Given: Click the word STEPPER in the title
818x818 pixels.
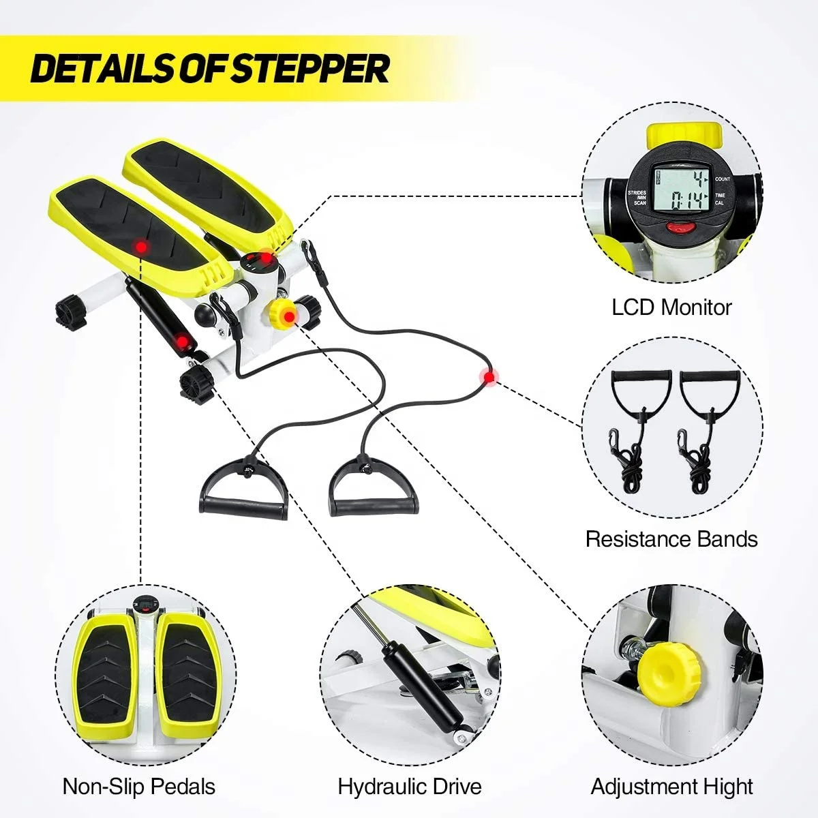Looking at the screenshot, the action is (310, 68).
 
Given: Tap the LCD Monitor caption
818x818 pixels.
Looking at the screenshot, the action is (671, 307).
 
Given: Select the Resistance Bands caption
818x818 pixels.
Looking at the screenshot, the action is (671, 539).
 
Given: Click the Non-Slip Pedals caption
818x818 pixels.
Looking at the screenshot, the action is (139, 786).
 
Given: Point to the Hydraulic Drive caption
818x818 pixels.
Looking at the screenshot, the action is (410, 786).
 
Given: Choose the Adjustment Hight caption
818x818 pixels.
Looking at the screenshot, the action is (671, 786).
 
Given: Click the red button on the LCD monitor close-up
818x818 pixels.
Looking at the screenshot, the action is (681, 229).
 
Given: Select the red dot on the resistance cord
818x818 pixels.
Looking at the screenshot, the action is (488, 376).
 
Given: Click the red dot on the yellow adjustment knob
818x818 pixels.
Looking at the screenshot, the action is (289, 316).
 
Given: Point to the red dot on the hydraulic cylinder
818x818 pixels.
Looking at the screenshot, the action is (182, 340).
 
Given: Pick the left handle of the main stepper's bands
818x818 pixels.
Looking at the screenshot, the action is (243, 491).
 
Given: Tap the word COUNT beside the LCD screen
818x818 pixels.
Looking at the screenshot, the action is (723, 179).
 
